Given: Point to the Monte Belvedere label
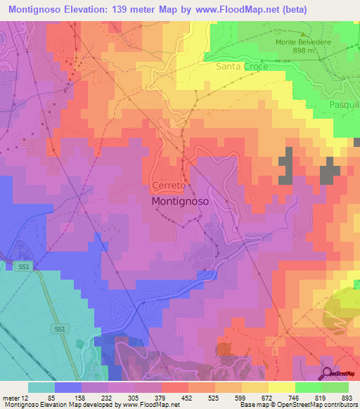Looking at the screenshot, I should point(304,41).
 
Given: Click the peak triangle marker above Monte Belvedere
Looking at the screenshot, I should point(304,33).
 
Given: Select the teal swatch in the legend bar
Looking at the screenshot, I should point(41,387).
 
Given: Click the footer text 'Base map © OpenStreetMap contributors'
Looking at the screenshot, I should point(297,405).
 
